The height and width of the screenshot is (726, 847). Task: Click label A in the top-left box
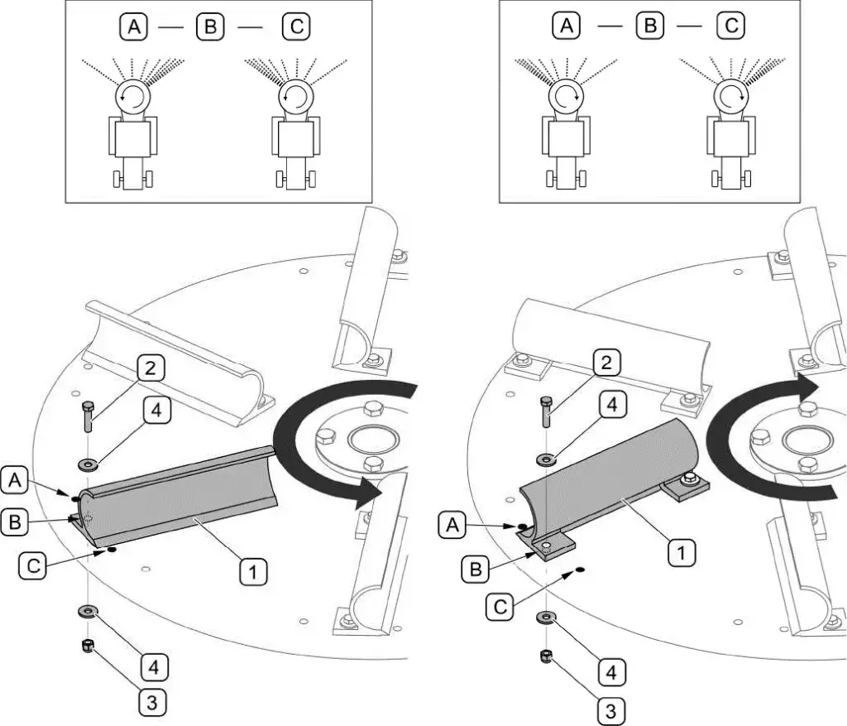click(x=133, y=26)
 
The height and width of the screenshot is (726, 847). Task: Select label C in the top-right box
click(x=730, y=26)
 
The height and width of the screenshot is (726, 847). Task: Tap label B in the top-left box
click(x=210, y=26)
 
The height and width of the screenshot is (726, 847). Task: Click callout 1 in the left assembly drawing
click(x=254, y=570)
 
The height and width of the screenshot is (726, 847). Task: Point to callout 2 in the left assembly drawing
click(x=149, y=368)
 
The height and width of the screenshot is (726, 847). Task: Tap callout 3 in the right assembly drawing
click(x=610, y=711)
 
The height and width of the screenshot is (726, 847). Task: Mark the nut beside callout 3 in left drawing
click(x=86, y=647)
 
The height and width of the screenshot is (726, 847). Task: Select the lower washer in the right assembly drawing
click(x=547, y=618)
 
